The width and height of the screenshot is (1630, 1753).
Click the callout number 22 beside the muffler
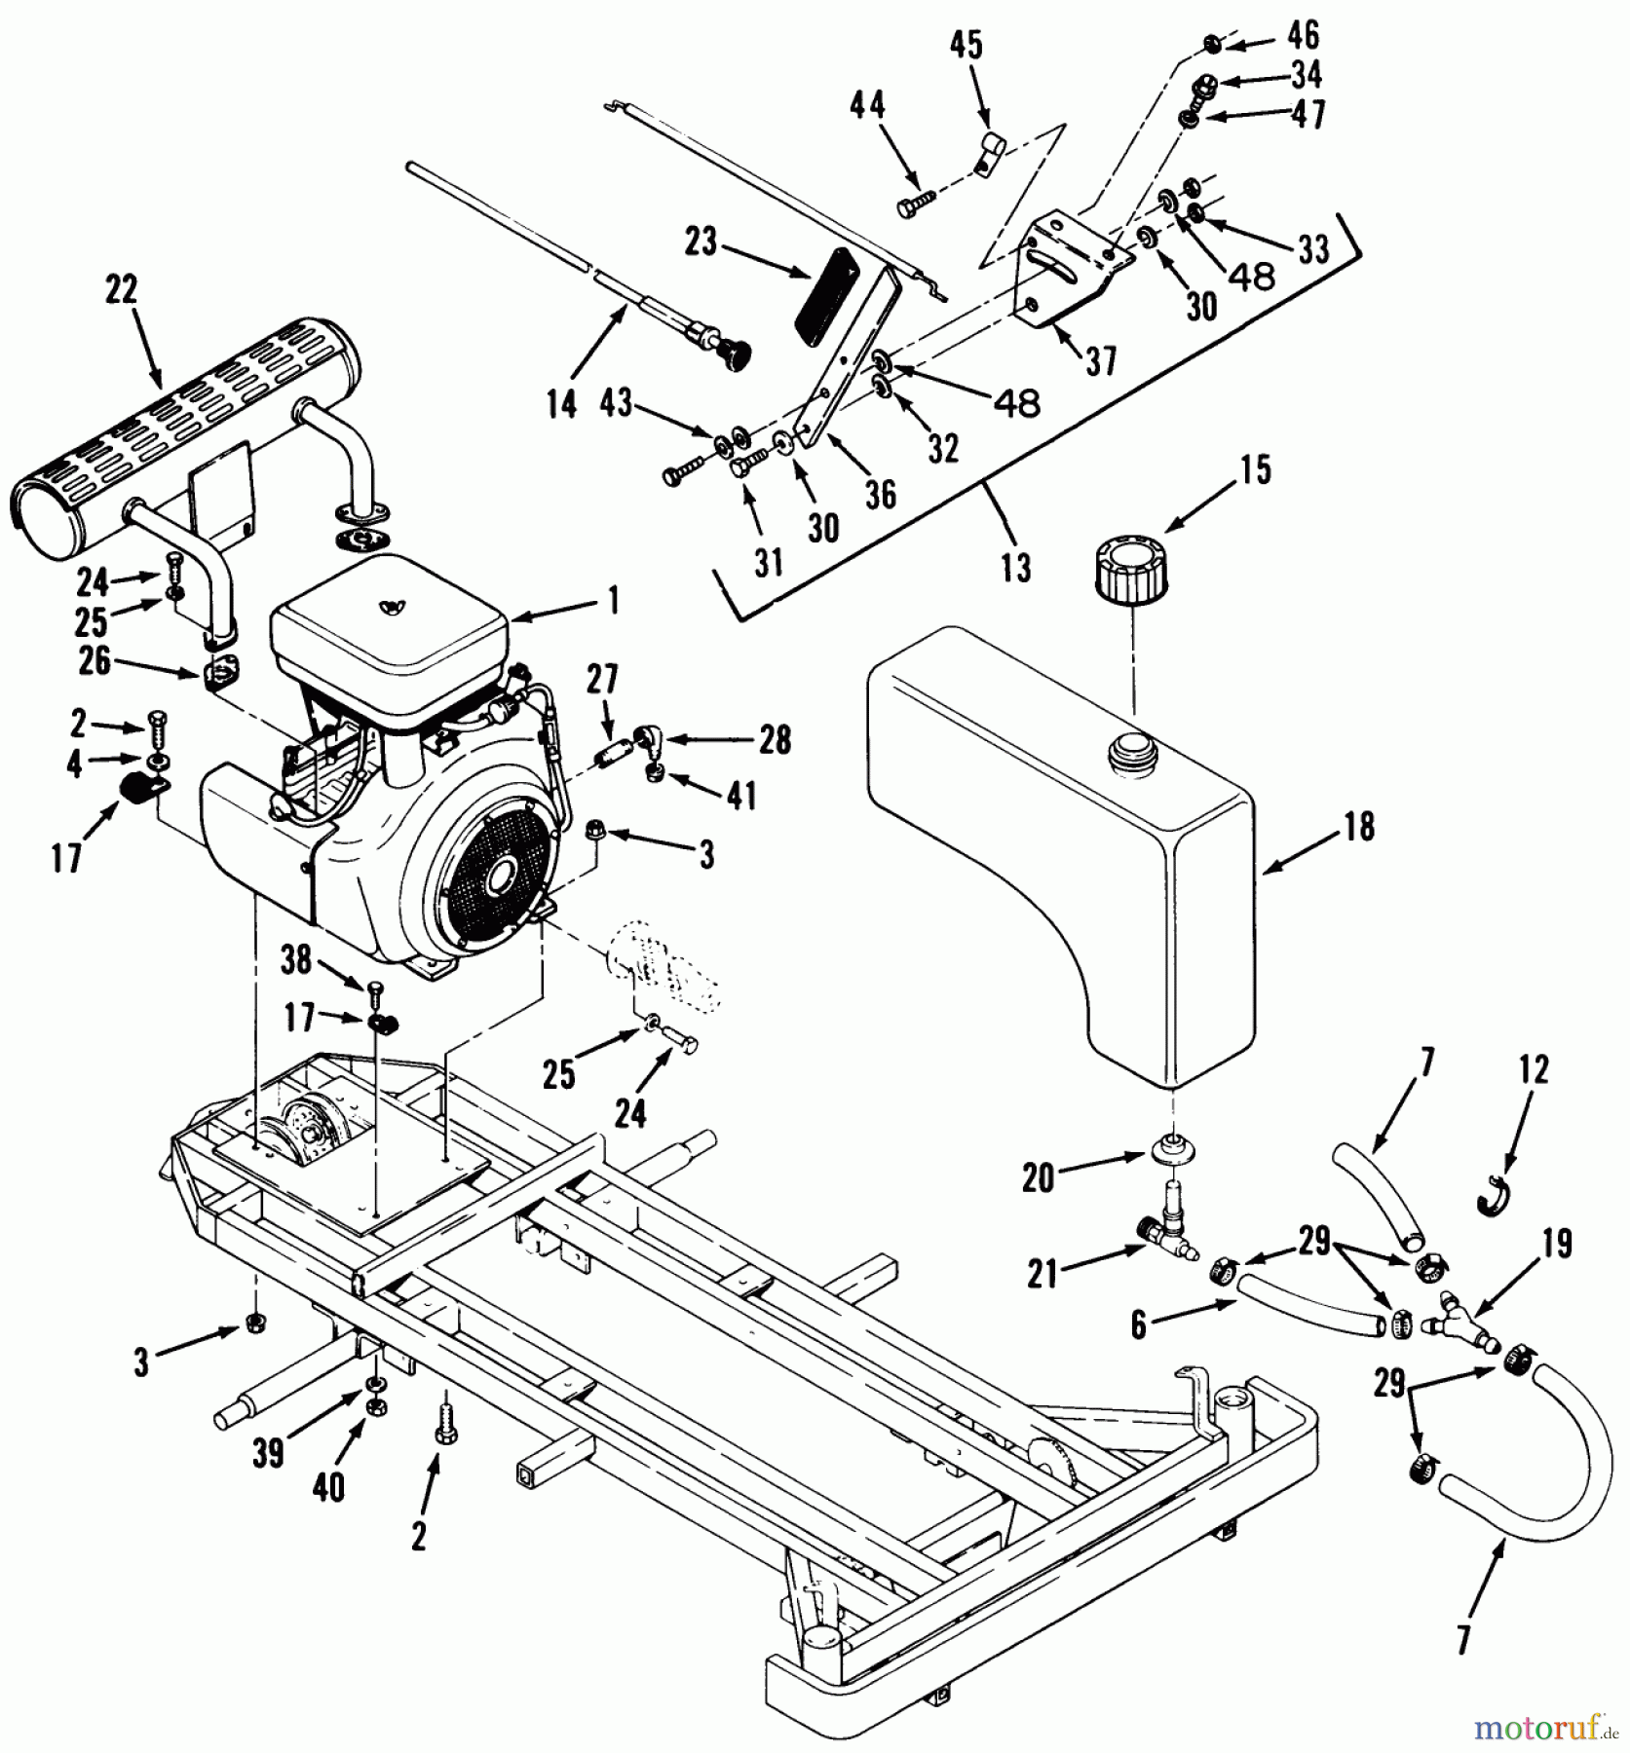tap(122, 290)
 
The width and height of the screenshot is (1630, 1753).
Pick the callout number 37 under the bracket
tap(1102, 362)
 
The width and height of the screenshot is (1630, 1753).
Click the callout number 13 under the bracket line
tap(1015, 567)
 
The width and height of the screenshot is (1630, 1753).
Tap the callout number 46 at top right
tap(1303, 36)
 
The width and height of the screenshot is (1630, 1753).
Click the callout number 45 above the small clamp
tap(967, 46)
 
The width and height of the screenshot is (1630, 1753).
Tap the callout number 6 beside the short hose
tap(1139, 1325)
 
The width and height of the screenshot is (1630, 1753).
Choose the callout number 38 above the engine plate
tap(296, 960)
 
